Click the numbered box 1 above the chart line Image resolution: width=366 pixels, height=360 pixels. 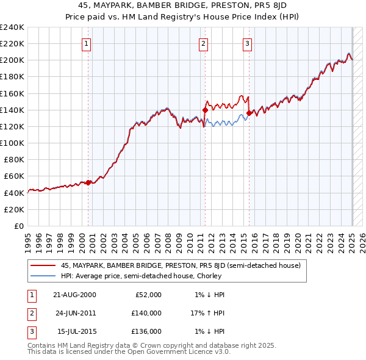point(87,43)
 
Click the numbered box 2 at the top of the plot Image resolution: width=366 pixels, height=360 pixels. point(203,43)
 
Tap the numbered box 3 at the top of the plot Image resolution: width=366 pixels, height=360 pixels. point(247,43)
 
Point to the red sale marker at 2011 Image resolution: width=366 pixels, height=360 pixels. point(206,110)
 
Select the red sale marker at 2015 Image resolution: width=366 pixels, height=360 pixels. point(249,113)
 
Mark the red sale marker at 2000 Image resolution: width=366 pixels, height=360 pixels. point(88,182)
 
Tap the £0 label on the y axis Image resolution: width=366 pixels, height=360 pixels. point(18,226)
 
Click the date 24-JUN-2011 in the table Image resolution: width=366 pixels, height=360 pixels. point(74,313)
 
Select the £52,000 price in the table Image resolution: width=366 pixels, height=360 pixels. point(148,295)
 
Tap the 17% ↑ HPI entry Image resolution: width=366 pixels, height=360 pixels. point(207,313)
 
